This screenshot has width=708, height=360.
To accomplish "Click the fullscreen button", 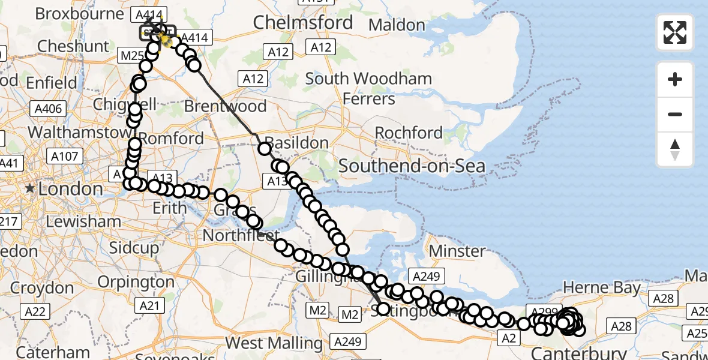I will tap(675, 32).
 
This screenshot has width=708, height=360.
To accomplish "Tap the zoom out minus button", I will tap(675, 115).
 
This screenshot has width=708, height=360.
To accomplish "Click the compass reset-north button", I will tap(675, 149).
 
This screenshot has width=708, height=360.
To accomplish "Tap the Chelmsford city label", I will tap(303, 23).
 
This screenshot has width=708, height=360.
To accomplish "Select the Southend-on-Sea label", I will tap(412, 166).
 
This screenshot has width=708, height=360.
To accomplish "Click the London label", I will tap(70, 189).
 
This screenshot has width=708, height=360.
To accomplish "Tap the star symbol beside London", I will tap(29, 189).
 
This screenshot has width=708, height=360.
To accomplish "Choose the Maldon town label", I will tap(397, 25).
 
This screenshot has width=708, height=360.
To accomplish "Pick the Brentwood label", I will tap(225, 106).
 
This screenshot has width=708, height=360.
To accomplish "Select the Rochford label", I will tap(409, 133).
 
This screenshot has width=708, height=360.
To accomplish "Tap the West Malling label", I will tap(274, 343).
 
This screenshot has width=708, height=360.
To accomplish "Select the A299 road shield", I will tap(538, 310).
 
